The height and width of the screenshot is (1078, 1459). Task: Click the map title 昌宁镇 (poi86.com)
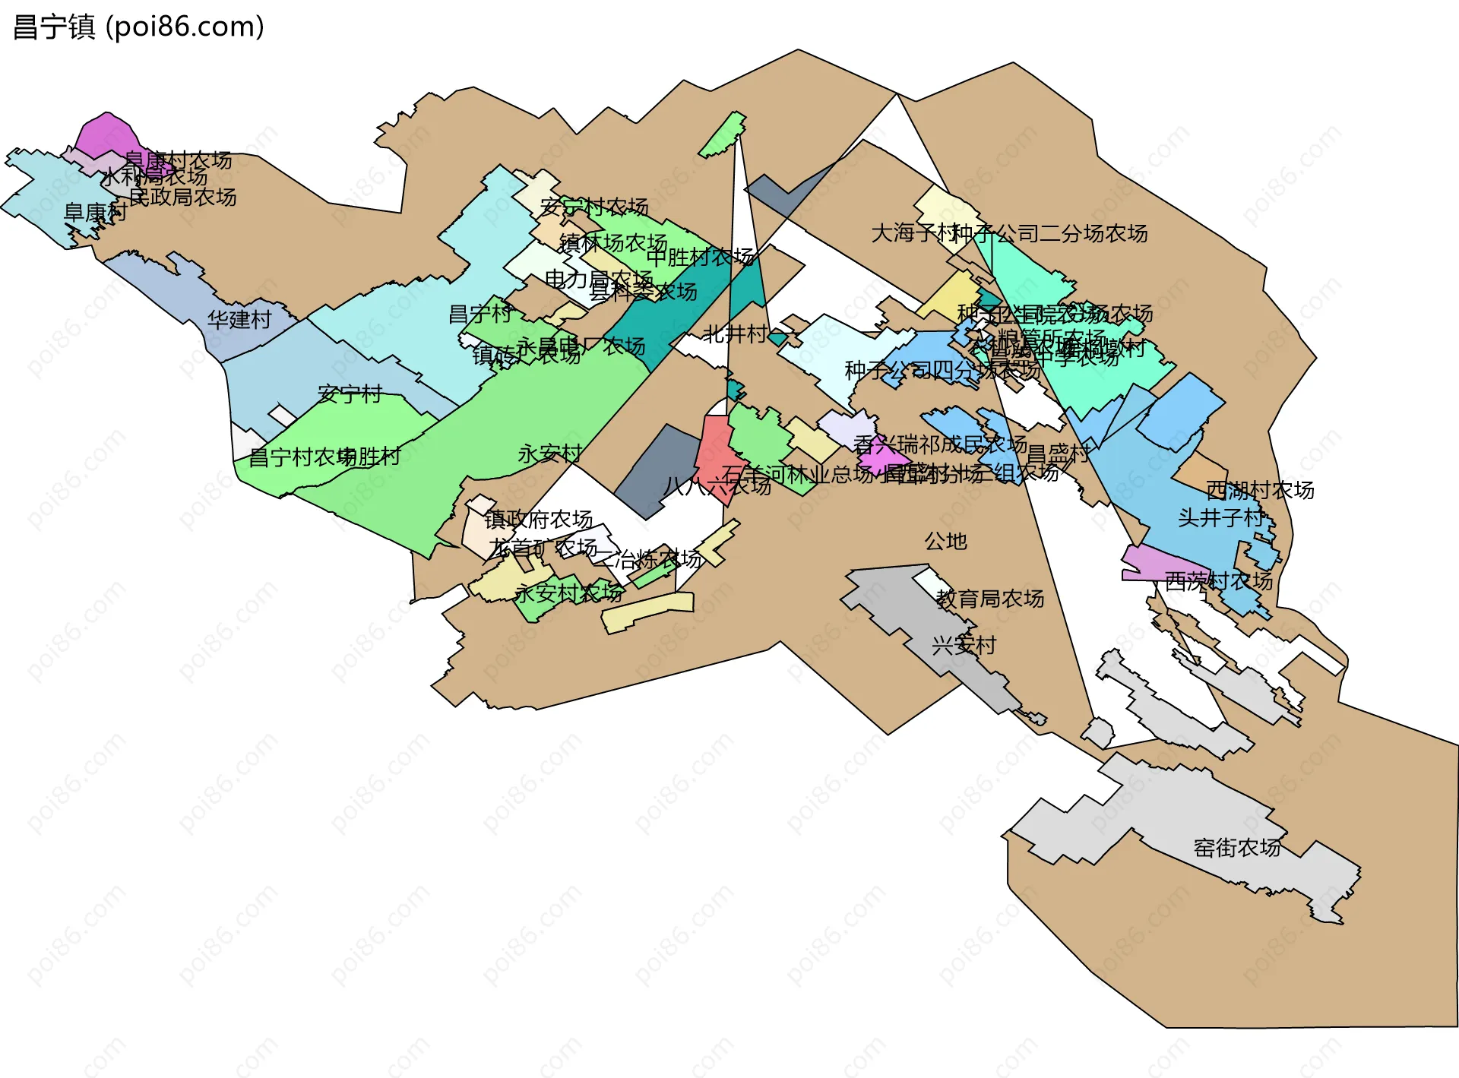point(139,27)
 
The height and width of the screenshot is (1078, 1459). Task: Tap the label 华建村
point(239,319)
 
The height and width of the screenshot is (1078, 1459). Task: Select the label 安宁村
point(350,394)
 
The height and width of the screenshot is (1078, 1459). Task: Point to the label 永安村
point(550,454)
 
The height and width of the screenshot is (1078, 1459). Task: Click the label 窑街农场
point(1237,847)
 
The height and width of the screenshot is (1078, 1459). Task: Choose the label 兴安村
point(964,645)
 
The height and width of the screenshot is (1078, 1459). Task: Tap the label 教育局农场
point(989,599)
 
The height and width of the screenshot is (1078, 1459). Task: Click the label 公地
point(945,541)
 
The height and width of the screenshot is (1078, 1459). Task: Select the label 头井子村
point(1220,517)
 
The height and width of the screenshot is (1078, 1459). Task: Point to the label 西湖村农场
point(1260,490)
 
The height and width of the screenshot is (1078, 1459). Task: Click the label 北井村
point(734,334)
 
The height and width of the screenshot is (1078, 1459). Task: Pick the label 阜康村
point(95,212)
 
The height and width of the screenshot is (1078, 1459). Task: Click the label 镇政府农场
point(538,519)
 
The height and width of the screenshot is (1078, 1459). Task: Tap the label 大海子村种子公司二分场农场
point(1009,233)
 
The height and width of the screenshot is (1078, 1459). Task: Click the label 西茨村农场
point(1219,581)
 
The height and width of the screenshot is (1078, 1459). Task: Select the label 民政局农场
point(182,197)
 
